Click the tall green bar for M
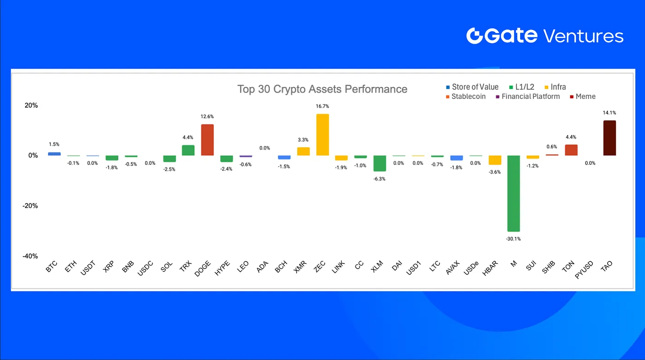513,193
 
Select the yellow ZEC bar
322,135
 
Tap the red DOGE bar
207,140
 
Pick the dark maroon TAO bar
610,138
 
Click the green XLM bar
380,163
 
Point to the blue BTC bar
54,154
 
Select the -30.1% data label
513,239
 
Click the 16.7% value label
322,106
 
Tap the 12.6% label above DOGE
207,116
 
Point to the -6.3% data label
380,179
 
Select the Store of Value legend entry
472,87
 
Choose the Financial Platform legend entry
528,96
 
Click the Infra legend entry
555,87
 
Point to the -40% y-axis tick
30,256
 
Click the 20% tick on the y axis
31,105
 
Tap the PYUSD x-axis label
584,270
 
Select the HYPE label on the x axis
222,268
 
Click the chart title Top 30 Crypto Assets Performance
322,89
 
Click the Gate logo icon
474,36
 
